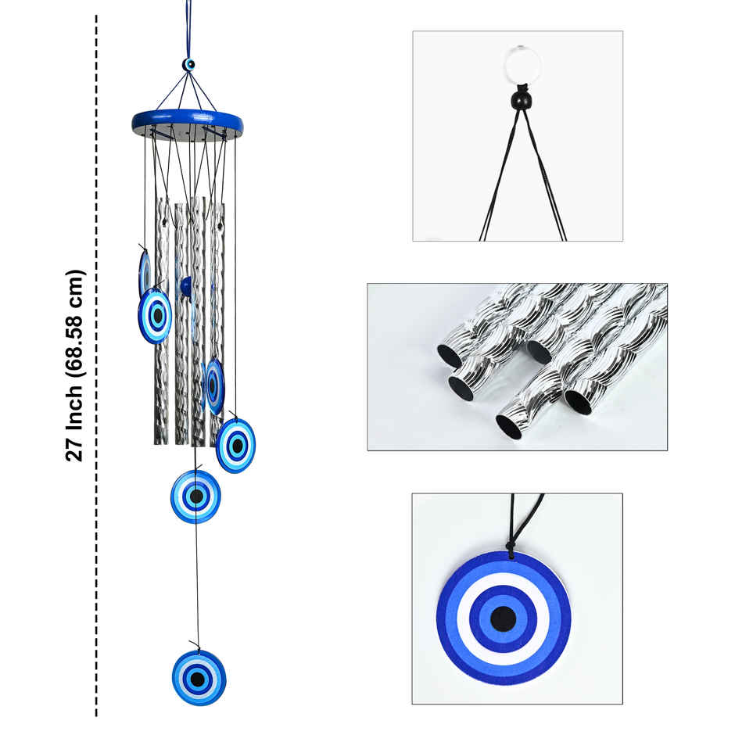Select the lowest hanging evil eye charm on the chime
(199, 677)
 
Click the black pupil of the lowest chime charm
(199, 678)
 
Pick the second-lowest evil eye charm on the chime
(195, 496)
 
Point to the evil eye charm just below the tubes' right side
(235, 446)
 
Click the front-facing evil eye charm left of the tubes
(155, 315)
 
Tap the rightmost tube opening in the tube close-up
(579, 401)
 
